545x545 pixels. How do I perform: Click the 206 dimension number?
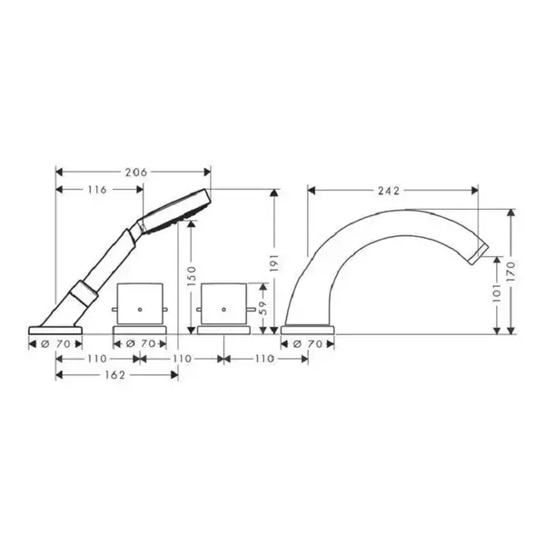coord(136,172)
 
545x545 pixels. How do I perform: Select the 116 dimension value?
coord(97,190)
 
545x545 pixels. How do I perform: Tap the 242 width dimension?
coord(389,191)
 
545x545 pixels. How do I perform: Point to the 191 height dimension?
coord(274,263)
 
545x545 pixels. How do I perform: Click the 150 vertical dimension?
coord(192,276)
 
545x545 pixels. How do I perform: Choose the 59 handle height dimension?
coord(263,308)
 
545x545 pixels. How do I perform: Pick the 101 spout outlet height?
coord(498,292)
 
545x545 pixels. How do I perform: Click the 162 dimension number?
coord(114,375)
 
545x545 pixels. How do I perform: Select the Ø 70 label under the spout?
coord(307,344)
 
